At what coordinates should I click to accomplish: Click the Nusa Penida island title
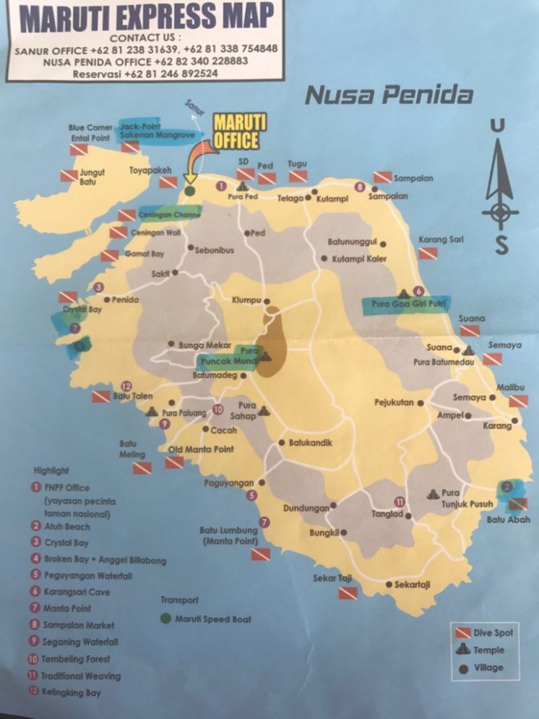coord(389,95)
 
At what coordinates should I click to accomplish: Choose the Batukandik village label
coord(311,443)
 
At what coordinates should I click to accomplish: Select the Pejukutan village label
coord(393,402)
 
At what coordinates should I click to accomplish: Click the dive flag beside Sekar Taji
coord(348,593)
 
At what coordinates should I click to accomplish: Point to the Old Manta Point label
coord(201,449)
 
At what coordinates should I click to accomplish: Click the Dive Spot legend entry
coord(493,633)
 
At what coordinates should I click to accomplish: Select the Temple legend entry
coord(489,650)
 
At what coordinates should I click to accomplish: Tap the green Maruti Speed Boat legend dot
coord(165,619)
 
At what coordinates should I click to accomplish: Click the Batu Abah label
coord(508,520)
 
